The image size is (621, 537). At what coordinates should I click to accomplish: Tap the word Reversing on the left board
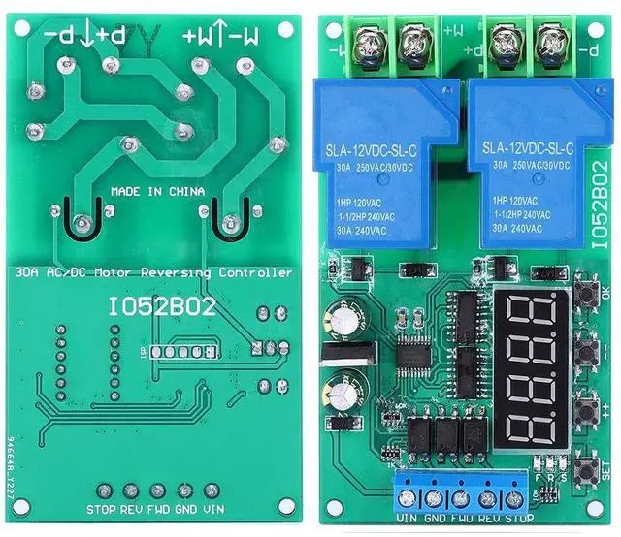point(201,273)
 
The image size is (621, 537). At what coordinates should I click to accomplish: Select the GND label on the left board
point(185,509)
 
